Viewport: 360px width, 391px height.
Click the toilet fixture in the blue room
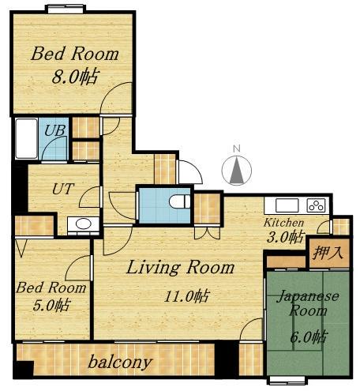(179, 201)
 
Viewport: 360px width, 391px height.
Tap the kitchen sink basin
(287, 205)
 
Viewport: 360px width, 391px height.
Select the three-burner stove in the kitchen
(316, 205)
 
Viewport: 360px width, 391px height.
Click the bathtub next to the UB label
(26, 139)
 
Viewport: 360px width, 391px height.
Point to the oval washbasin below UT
(84, 224)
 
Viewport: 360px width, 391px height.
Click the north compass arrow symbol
(237, 171)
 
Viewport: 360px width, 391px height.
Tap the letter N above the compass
(237, 149)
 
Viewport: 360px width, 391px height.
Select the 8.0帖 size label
(76, 77)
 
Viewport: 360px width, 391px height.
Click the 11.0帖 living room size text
(187, 296)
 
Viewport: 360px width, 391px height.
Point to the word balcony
(120, 362)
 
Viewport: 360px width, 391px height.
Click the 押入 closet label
(328, 252)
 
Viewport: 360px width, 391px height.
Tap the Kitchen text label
(283, 223)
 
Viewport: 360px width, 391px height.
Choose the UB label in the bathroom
(54, 130)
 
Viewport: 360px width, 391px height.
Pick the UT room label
(63, 189)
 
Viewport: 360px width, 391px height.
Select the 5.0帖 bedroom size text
(51, 306)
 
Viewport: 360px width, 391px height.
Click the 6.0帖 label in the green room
(309, 336)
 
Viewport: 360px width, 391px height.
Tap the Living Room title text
(181, 267)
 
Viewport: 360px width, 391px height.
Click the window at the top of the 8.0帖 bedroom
(66, 9)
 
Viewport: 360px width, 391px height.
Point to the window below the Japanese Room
(287, 381)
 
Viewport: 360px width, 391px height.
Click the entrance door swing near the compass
(190, 171)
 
